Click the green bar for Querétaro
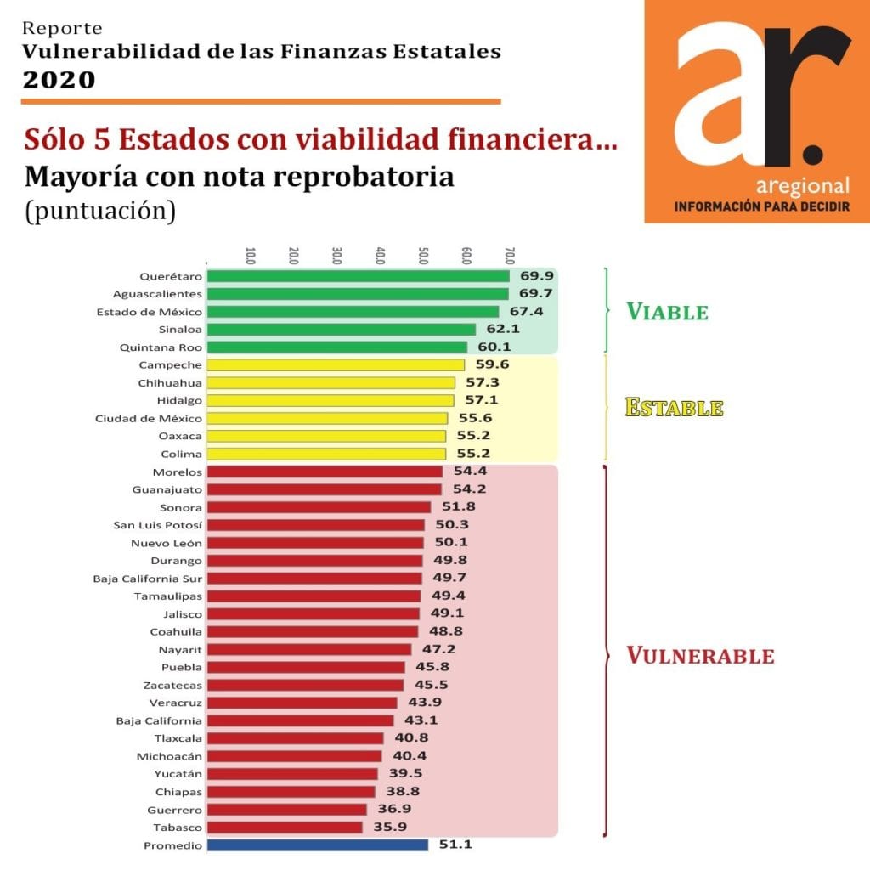point(358,276)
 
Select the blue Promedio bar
point(318,845)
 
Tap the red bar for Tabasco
point(285,828)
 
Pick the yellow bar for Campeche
point(336,365)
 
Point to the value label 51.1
point(455,845)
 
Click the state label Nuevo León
point(167,543)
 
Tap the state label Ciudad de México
point(149,419)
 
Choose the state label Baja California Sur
point(148,579)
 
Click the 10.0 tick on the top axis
point(251,255)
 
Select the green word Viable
point(667,312)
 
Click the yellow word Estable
point(674,408)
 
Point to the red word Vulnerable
point(700,656)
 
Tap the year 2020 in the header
point(59,80)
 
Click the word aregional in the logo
point(802,186)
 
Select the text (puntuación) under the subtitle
point(100,211)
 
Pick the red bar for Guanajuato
point(324,489)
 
